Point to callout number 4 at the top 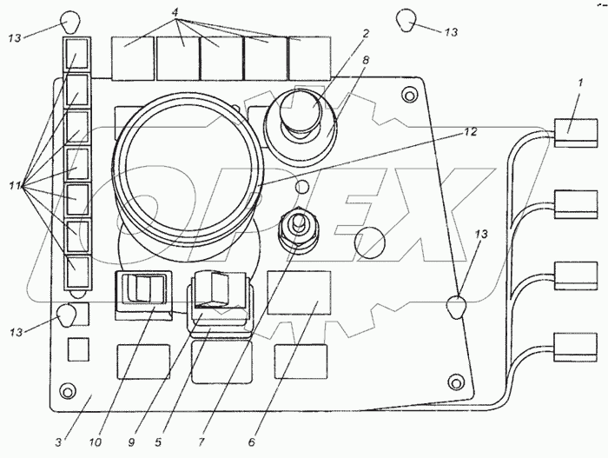[x=176, y=12]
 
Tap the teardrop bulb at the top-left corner [x=70, y=19]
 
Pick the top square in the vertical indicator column [x=77, y=52]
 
